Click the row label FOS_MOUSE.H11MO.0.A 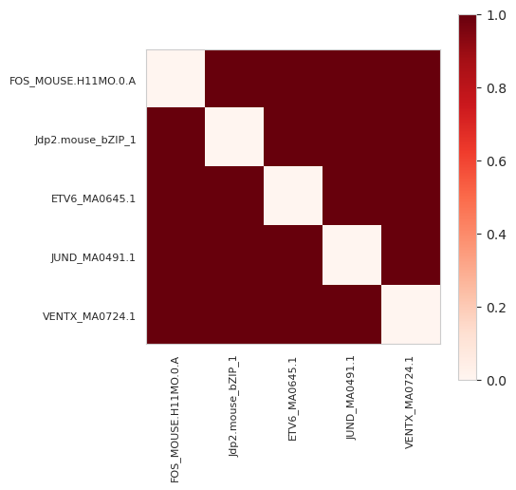[72, 81]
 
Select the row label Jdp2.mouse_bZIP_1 [85, 140]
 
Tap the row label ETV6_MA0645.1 [93, 199]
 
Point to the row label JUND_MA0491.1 [93, 257]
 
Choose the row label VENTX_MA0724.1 [89, 316]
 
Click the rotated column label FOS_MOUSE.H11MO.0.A [175, 420]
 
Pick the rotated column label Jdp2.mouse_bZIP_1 [233, 406]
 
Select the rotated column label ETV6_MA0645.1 [292, 399]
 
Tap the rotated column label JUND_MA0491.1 [351, 398]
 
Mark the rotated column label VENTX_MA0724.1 [409, 403]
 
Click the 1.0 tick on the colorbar [496, 15]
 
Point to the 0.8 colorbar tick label [496, 88]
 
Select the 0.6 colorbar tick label [496, 161]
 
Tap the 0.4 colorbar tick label [496, 235]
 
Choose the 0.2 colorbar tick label [496, 308]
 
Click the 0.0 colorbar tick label [496, 381]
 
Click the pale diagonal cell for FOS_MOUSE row [175, 79]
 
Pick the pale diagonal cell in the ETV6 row [293, 196]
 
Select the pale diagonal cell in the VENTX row [411, 314]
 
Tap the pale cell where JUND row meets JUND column [352, 255]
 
